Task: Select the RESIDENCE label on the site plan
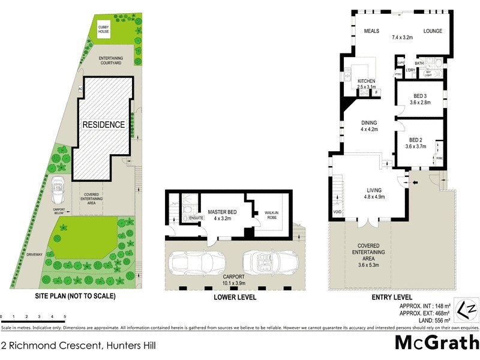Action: point(104,125)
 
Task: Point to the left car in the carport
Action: point(197,263)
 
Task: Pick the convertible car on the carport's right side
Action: point(268,263)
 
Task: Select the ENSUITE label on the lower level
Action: point(196,217)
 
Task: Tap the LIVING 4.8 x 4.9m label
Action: point(374,193)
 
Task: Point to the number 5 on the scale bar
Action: point(64,316)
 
